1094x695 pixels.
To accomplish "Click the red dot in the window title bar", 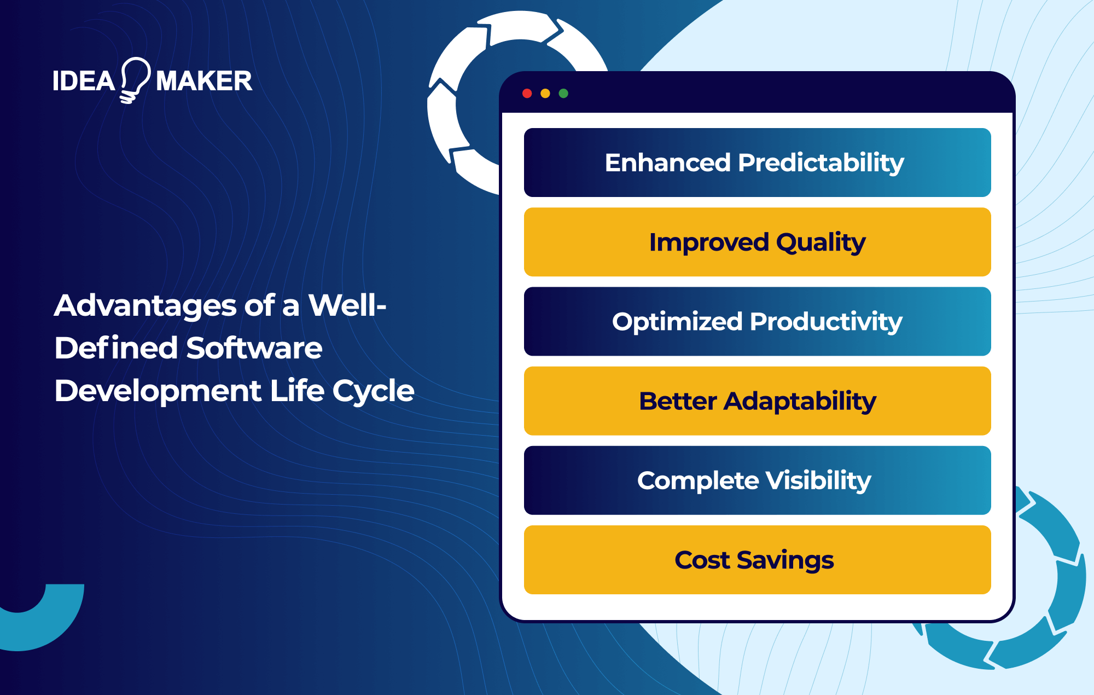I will click(527, 94).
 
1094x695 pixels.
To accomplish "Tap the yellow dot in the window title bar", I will click(545, 94).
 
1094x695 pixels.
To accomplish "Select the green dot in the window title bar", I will click(563, 94).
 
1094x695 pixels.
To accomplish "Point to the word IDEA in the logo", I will click(83, 82).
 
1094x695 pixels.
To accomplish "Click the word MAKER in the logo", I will click(204, 82).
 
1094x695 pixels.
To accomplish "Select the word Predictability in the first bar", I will click(821, 163).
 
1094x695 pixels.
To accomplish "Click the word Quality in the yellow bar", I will click(821, 242).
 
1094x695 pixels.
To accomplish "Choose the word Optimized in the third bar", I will click(677, 322).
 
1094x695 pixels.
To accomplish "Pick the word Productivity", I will click(826, 322).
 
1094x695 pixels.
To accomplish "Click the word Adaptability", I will click(800, 401).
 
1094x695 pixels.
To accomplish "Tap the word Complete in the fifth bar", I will click(698, 480).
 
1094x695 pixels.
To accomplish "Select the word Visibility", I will click(818, 480).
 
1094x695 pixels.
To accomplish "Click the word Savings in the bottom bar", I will click(785, 560).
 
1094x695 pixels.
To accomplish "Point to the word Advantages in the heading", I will click(146, 305).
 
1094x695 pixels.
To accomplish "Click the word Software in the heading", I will click(254, 348).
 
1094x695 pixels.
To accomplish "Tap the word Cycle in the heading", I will click(373, 391).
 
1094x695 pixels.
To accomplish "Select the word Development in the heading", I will click(158, 391).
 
